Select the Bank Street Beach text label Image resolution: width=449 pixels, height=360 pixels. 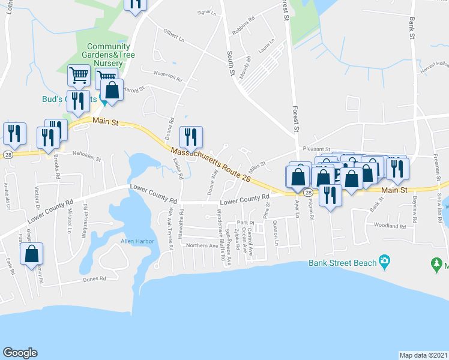coord(342,262)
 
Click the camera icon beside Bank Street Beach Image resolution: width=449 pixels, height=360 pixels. coord(384,262)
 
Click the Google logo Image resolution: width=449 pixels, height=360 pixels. coord(20,353)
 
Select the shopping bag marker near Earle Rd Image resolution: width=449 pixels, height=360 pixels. coord(32,253)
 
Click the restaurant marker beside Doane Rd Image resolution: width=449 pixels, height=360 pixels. coord(191,136)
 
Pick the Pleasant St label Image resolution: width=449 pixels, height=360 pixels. coord(316,149)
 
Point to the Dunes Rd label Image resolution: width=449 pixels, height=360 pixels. coord(94,279)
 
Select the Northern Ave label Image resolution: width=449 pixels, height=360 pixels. coord(202,246)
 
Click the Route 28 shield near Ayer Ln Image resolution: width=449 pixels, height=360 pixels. coord(307,193)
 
